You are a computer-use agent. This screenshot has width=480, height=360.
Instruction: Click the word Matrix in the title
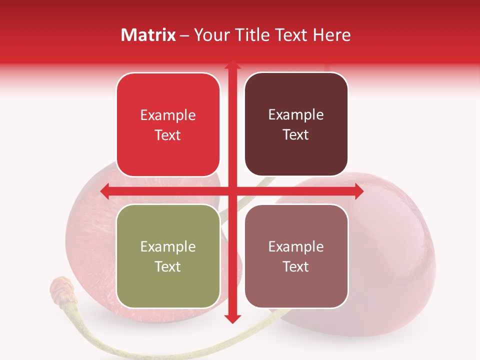[148, 35]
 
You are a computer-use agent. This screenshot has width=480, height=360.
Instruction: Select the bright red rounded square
[168, 124]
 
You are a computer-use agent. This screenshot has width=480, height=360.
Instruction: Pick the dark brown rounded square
[296, 124]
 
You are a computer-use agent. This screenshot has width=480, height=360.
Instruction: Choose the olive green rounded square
[168, 256]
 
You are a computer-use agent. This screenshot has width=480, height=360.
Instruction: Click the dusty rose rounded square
[296, 256]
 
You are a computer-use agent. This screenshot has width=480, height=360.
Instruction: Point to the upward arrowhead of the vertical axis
[232, 65]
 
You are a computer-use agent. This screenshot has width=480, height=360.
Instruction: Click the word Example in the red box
[168, 115]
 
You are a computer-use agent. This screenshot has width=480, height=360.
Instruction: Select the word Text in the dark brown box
[296, 135]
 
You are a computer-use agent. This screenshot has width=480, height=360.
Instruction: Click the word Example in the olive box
[168, 246]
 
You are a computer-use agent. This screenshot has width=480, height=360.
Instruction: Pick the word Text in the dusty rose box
[296, 266]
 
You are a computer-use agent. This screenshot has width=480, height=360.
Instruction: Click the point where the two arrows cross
[232, 191]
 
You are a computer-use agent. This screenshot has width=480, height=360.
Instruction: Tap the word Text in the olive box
[168, 266]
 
